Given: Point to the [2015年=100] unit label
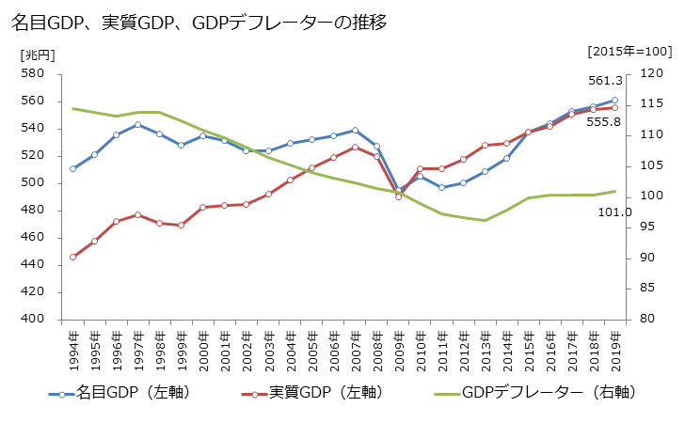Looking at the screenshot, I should click(628, 51).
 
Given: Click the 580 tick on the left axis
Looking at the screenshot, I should click(33, 73).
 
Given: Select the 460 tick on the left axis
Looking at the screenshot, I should click(33, 237).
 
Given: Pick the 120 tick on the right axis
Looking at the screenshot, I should click(651, 73).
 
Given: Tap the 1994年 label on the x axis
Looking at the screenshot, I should click(73, 349).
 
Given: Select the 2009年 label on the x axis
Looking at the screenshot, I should click(398, 349).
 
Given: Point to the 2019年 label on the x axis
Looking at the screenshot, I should click(614, 349).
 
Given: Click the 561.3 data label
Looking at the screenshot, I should click(605, 81).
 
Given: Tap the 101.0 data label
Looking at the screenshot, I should click(614, 211).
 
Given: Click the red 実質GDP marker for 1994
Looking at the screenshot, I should click(73, 257).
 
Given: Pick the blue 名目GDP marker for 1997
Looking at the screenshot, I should click(138, 124).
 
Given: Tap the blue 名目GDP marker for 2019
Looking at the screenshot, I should click(614, 100).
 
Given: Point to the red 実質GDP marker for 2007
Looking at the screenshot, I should click(355, 147).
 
